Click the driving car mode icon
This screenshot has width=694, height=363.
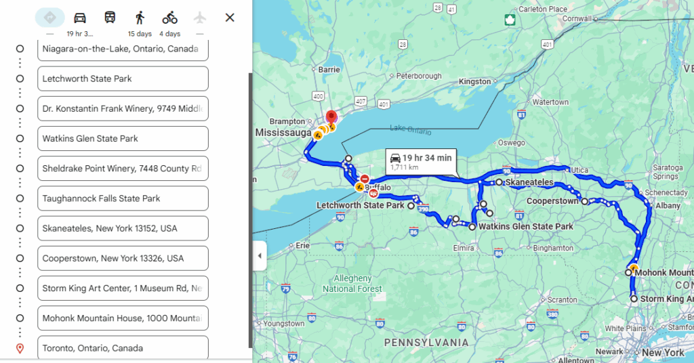80,18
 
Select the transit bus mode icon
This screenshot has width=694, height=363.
110,18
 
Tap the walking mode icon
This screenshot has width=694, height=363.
140,18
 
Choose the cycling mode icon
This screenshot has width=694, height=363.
169,18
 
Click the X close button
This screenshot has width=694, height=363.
230,18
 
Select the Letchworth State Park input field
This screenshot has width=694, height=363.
123,79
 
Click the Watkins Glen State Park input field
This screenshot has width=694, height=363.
123,139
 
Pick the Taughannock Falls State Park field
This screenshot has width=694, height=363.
123,198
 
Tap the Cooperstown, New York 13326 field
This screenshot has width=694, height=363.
123,259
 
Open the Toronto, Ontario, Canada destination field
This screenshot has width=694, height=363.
123,348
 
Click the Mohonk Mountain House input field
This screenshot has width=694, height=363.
123,318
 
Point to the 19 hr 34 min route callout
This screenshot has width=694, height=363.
421,161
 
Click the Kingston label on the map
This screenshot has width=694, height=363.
474,82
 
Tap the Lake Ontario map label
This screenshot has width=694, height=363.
410,129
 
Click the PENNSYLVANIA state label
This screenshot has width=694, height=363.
426,343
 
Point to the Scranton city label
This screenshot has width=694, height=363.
563,299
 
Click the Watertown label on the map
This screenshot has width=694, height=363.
550,102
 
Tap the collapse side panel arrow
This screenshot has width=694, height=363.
260,255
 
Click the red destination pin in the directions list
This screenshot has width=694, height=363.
20,348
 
